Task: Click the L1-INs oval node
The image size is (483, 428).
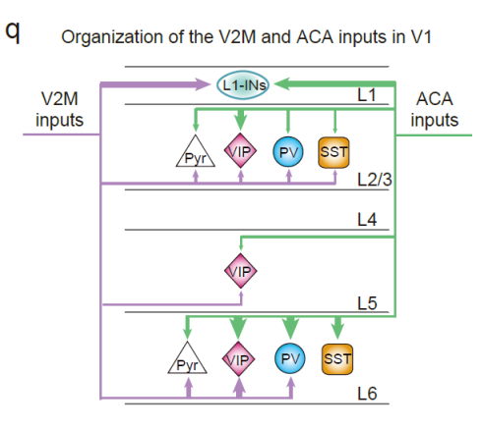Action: [243, 85]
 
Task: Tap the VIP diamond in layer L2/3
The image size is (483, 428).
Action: [240, 151]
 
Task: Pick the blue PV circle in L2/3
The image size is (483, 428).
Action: [288, 152]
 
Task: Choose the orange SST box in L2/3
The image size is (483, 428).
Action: [333, 152]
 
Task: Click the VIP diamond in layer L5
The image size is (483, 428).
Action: [241, 271]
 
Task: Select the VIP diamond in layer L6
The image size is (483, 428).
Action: [238, 359]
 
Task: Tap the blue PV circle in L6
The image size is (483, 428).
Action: [290, 358]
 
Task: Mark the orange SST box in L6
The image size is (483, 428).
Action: [337, 359]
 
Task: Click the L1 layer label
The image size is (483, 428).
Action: [366, 95]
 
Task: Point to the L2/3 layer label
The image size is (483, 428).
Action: [375, 180]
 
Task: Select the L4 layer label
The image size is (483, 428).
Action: [367, 220]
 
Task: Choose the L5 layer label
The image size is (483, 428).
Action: [367, 303]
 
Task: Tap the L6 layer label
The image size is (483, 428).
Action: [367, 394]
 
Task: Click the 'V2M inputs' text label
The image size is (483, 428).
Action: [60, 109]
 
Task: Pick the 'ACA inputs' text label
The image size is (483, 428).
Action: [435, 109]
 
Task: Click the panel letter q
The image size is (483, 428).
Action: [13, 32]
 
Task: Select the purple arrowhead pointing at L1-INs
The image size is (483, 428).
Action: [203, 84]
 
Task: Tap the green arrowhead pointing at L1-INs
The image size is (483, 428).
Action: [282, 83]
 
